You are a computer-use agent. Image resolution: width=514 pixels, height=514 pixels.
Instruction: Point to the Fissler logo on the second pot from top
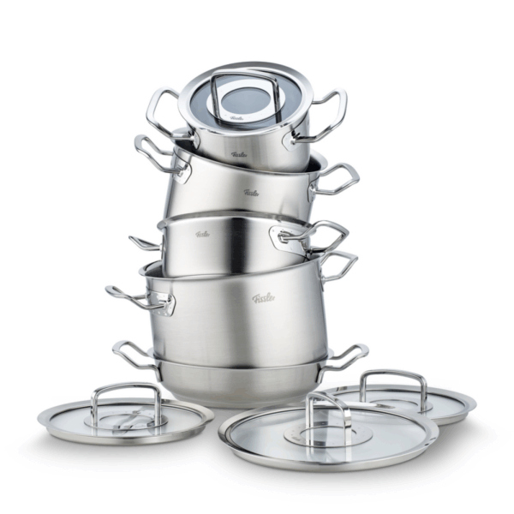(250, 192)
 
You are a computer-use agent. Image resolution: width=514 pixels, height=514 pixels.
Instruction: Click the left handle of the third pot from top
(144, 242)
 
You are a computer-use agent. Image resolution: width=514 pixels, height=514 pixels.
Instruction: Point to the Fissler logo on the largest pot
(264, 298)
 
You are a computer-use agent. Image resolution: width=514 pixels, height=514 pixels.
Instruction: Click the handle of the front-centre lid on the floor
(329, 409)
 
